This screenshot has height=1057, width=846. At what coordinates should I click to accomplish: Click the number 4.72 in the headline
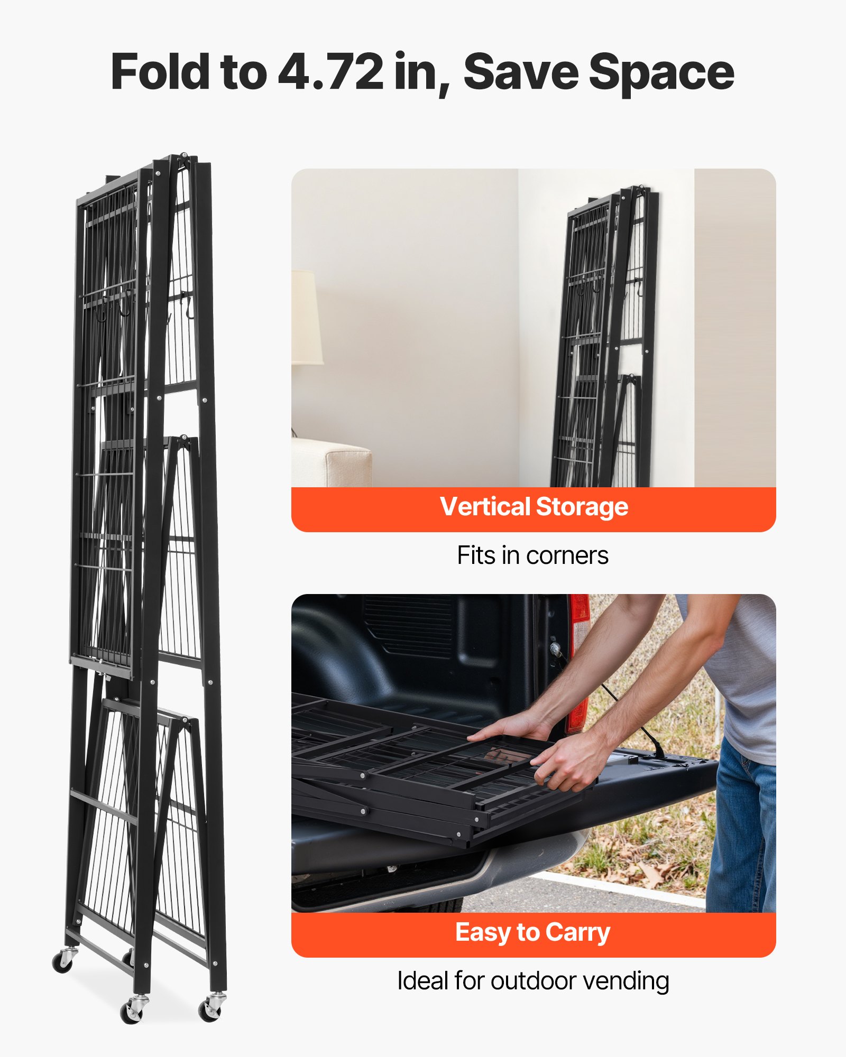(x=330, y=72)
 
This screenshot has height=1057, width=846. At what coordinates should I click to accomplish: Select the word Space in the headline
(x=661, y=72)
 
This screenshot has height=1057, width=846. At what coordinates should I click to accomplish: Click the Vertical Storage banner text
(x=534, y=507)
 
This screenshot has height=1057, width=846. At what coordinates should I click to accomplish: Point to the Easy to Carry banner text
(x=533, y=932)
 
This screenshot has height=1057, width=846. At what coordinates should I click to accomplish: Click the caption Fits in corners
(x=533, y=555)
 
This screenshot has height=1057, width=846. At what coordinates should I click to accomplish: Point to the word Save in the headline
(x=521, y=72)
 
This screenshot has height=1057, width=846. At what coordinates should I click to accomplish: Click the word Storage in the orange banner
(x=582, y=507)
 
